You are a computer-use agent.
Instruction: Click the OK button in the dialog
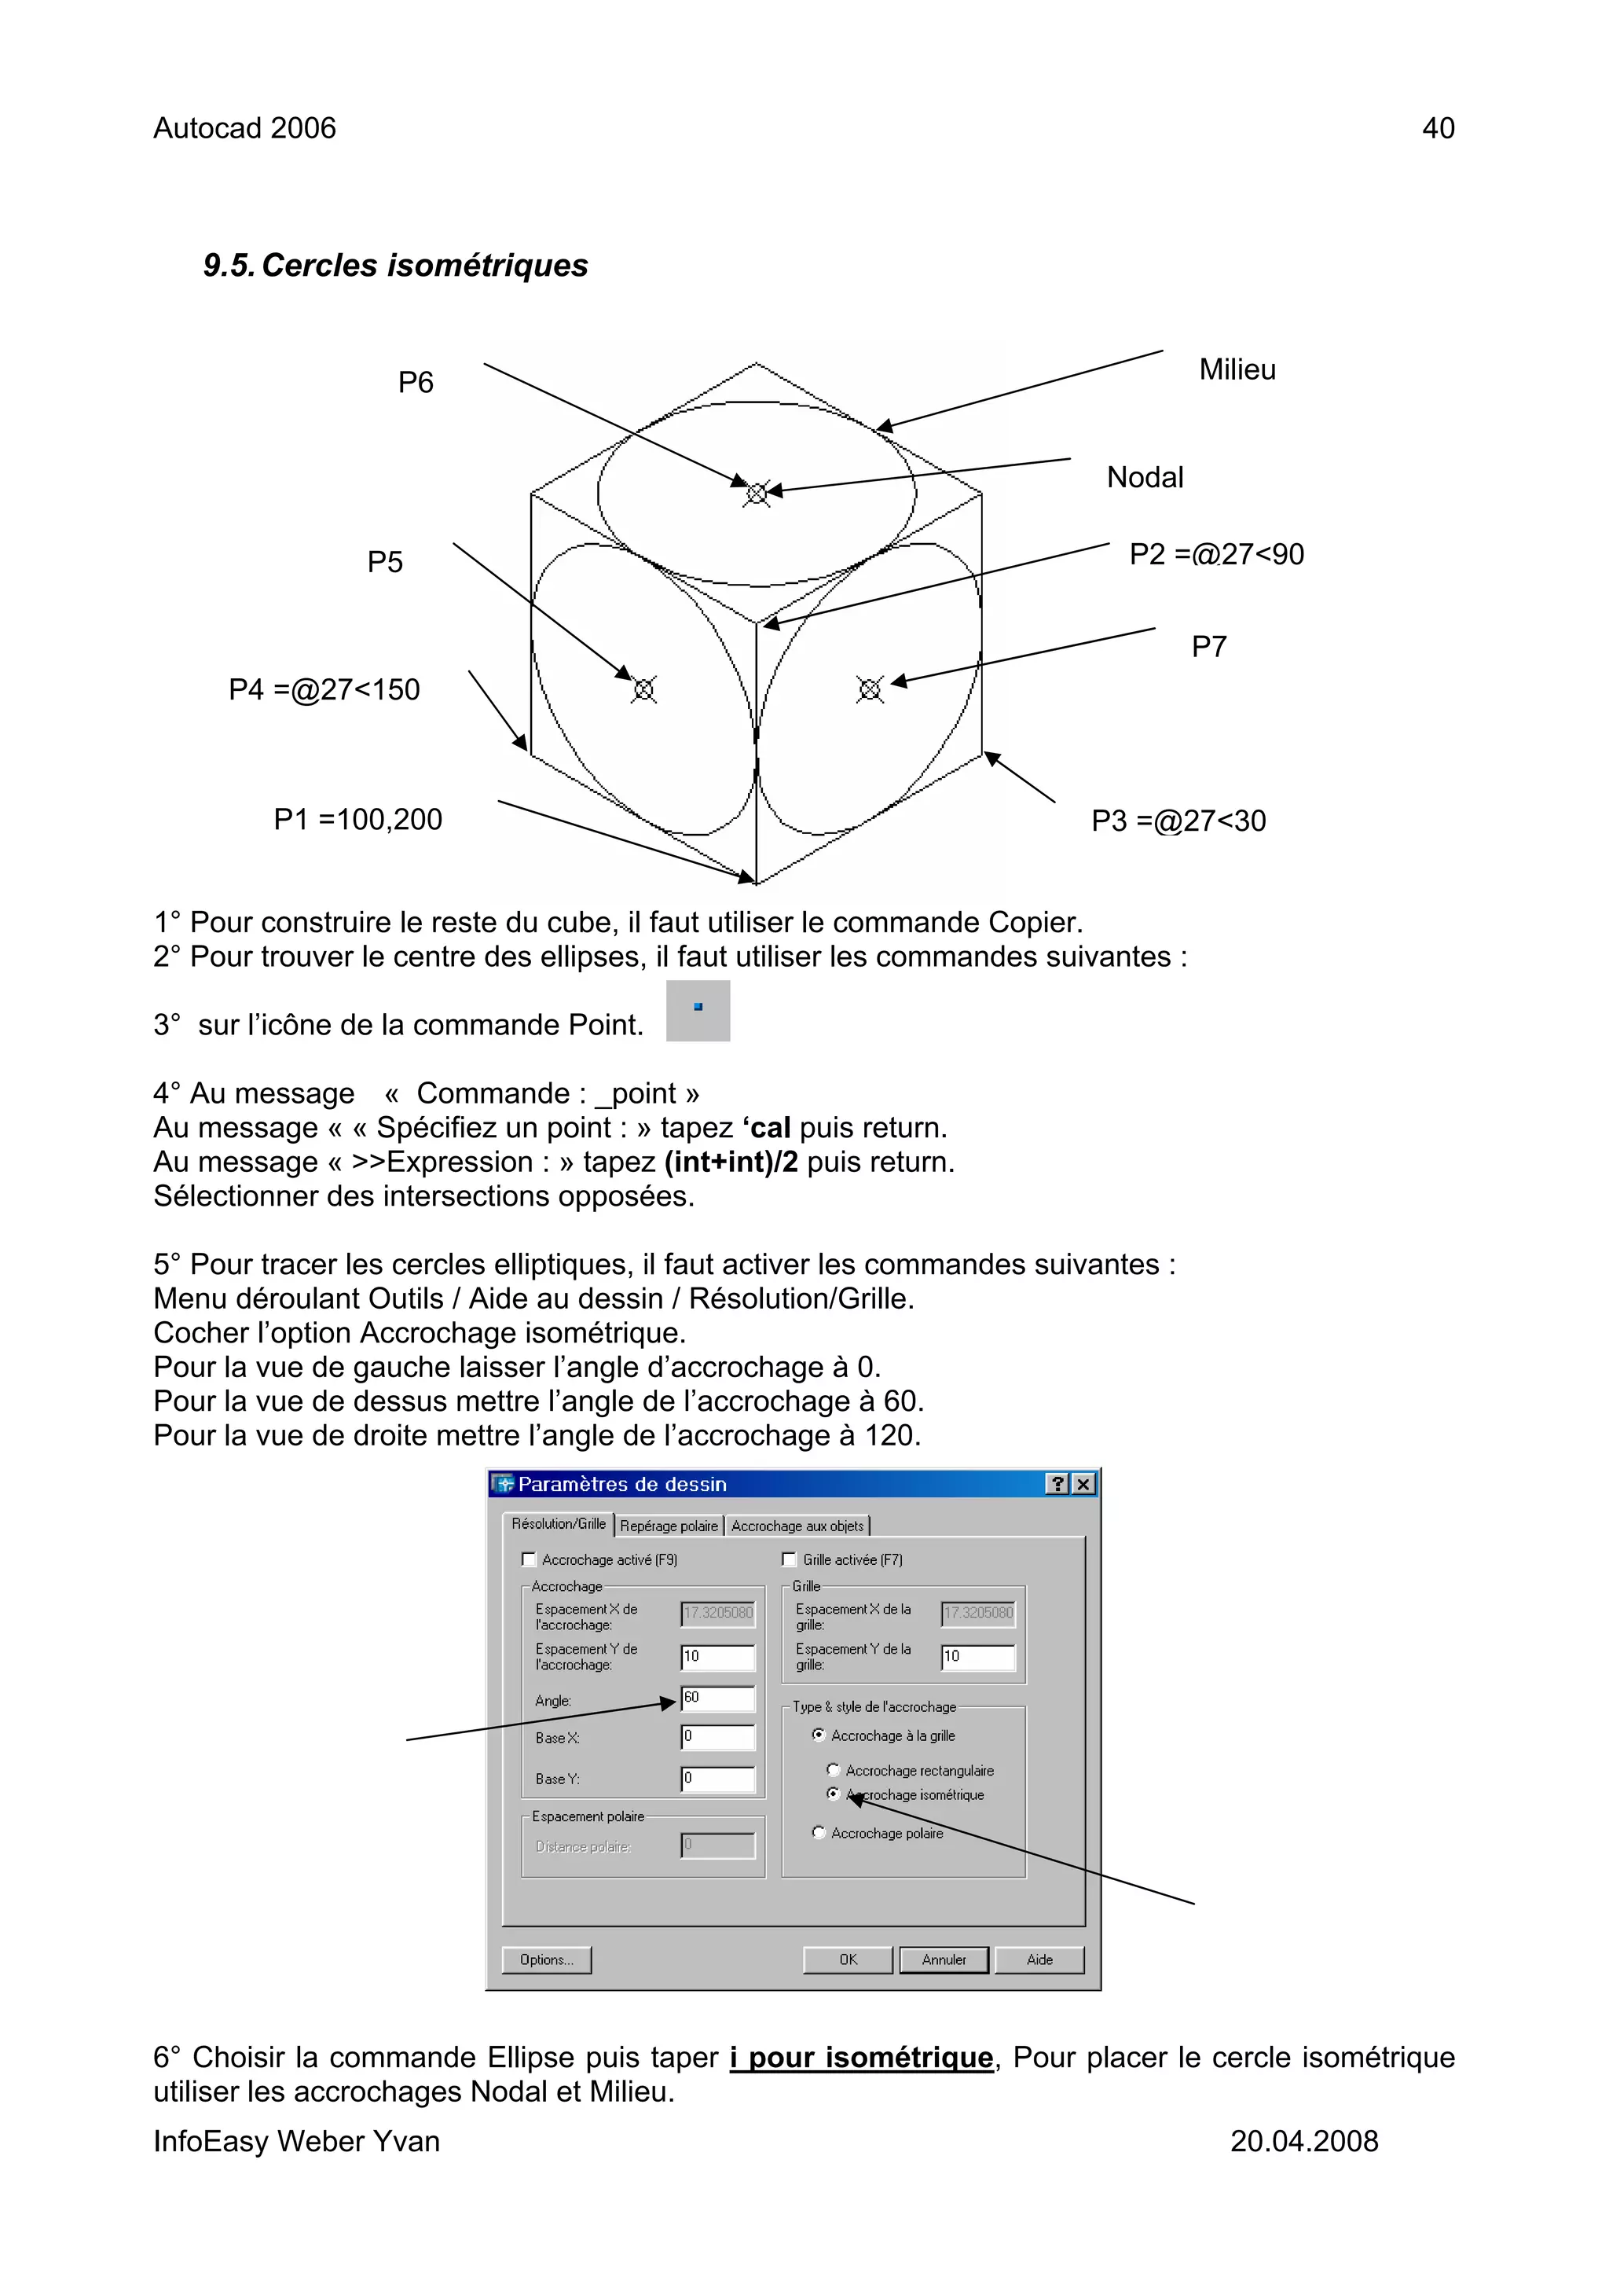pyautogui.click(x=848, y=1959)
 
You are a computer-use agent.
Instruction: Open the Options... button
pyautogui.click(x=546, y=1959)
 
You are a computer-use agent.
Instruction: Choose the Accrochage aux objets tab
pyautogui.click(x=797, y=1526)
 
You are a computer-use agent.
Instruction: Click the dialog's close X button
pyautogui.click(x=1083, y=1484)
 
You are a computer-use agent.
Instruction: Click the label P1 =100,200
pyautogui.click(x=358, y=819)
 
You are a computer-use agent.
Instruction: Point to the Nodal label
pyautogui.click(x=1145, y=477)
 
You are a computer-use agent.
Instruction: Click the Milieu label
pyautogui.click(x=1237, y=370)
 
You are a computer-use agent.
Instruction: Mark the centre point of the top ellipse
pyautogui.click(x=757, y=493)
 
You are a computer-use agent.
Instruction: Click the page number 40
pyautogui.click(x=1439, y=128)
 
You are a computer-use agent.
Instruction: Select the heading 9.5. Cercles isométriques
pyautogui.click(x=395, y=265)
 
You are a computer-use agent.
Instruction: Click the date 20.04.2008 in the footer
pyautogui.click(x=1303, y=2141)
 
